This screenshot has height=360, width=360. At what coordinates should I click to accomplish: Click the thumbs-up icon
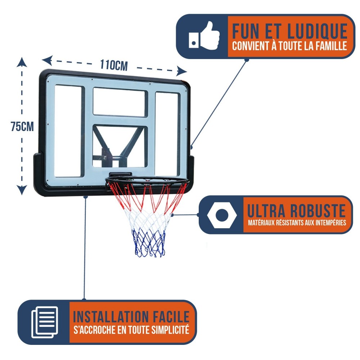pos(204,36)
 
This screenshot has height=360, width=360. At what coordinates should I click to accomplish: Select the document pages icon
pos(44,322)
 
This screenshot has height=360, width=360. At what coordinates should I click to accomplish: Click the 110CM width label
pos(114,65)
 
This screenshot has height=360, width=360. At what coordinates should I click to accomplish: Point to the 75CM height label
pos(22,127)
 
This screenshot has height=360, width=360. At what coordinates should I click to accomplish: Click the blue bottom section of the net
pos(149,243)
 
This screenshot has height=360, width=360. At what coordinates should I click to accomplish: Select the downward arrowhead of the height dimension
pos(22,190)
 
